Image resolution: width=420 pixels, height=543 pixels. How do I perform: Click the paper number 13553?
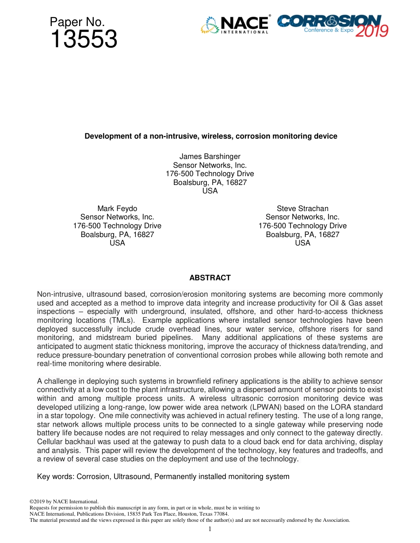[x=84, y=40]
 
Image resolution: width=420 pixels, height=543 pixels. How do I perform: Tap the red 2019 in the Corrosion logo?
[x=372, y=31]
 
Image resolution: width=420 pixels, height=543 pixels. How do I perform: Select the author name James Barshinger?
[x=210, y=157]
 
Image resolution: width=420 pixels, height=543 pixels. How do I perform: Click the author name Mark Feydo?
[x=117, y=208]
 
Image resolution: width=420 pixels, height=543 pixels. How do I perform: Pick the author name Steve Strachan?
[x=302, y=208]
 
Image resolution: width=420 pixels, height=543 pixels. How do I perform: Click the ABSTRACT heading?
[x=210, y=278]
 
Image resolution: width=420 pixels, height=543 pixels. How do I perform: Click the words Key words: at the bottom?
[x=56, y=476]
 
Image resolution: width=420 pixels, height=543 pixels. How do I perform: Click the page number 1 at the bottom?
[x=210, y=529]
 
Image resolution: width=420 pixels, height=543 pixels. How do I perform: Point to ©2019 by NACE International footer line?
[x=63, y=502]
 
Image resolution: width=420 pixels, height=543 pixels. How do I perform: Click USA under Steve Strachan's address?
[x=302, y=243]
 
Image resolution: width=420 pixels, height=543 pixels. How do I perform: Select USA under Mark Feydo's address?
[x=117, y=243]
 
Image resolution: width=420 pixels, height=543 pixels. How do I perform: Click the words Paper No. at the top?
[x=77, y=22]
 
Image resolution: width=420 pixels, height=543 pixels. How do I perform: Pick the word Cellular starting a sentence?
[x=50, y=442]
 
